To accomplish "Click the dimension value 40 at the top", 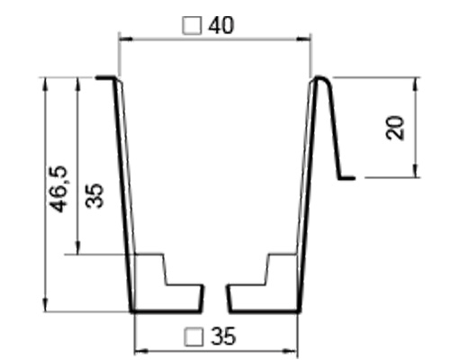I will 221,24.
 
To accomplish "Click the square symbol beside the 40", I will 191,25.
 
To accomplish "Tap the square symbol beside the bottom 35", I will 193,337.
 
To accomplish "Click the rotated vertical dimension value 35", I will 95,195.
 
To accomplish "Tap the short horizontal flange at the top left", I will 105,78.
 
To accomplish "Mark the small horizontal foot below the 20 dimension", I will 347,178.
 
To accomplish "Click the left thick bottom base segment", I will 166,310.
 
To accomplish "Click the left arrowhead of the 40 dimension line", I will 123,38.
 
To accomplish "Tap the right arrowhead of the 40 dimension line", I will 307,38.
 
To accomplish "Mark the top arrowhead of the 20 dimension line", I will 417,82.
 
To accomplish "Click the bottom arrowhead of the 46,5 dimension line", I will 45,307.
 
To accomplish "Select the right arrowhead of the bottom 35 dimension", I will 294,349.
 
